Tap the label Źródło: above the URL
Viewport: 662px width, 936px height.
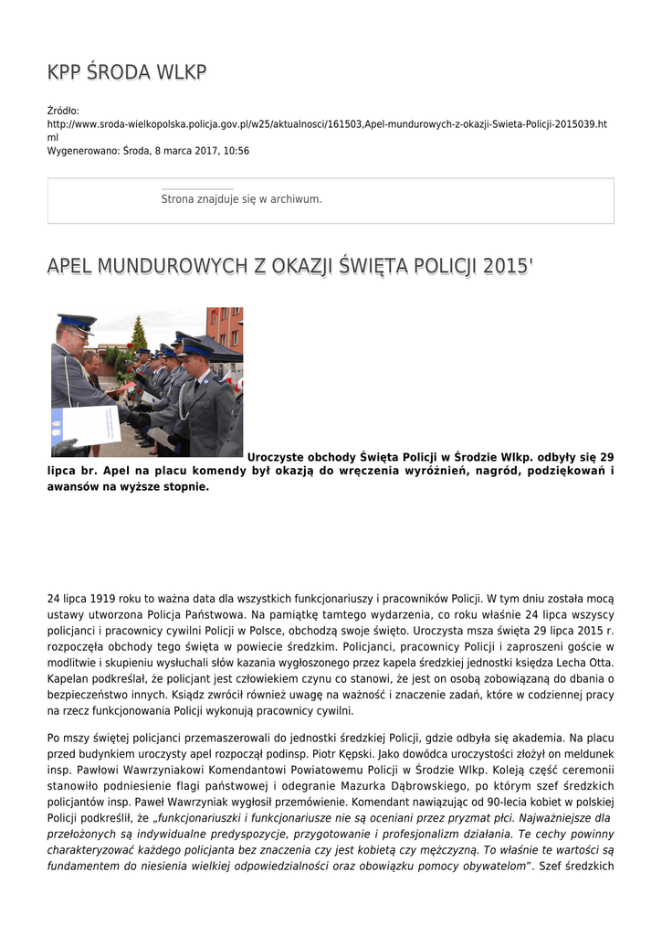tap(63, 111)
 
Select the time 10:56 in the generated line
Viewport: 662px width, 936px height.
tap(236, 151)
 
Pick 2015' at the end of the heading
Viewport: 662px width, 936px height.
tap(509, 266)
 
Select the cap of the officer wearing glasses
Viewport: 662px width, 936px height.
tap(77, 322)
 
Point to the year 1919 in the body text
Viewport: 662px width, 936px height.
tap(102, 598)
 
